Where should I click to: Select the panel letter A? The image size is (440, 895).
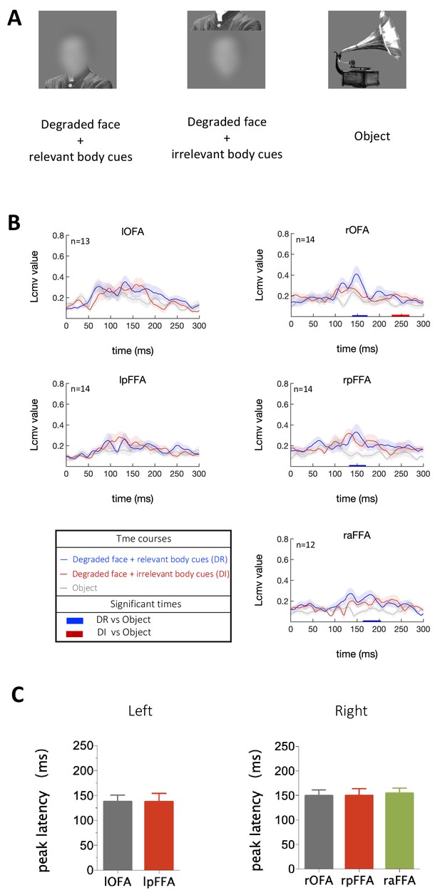(14, 19)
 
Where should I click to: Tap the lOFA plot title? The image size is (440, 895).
(133, 232)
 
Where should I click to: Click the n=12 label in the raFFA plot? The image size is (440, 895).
(305, 544)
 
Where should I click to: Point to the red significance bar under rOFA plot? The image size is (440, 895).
(400, 315)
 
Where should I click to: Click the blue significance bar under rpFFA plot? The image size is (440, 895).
(357, 465)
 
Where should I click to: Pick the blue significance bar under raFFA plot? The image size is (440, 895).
(372, 621)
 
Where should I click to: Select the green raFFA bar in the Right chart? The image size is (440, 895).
(399, 831)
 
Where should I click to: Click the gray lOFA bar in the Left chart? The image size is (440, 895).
(118, 835)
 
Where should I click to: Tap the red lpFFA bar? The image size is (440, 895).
(159, 835)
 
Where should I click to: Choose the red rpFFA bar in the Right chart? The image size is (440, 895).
(359, 832)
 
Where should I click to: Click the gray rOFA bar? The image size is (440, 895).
(319, 832)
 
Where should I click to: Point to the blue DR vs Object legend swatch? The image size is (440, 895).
(75, 621)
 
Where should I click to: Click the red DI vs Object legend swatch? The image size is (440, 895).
(75, 633)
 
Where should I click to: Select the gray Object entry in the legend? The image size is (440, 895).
(78, 588)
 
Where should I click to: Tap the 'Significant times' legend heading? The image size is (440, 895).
(145, 604)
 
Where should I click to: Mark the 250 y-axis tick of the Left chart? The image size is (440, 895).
(83, 746)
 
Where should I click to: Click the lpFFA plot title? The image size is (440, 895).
(133, 380)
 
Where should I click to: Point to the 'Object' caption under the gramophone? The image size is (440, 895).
(372, 136)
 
